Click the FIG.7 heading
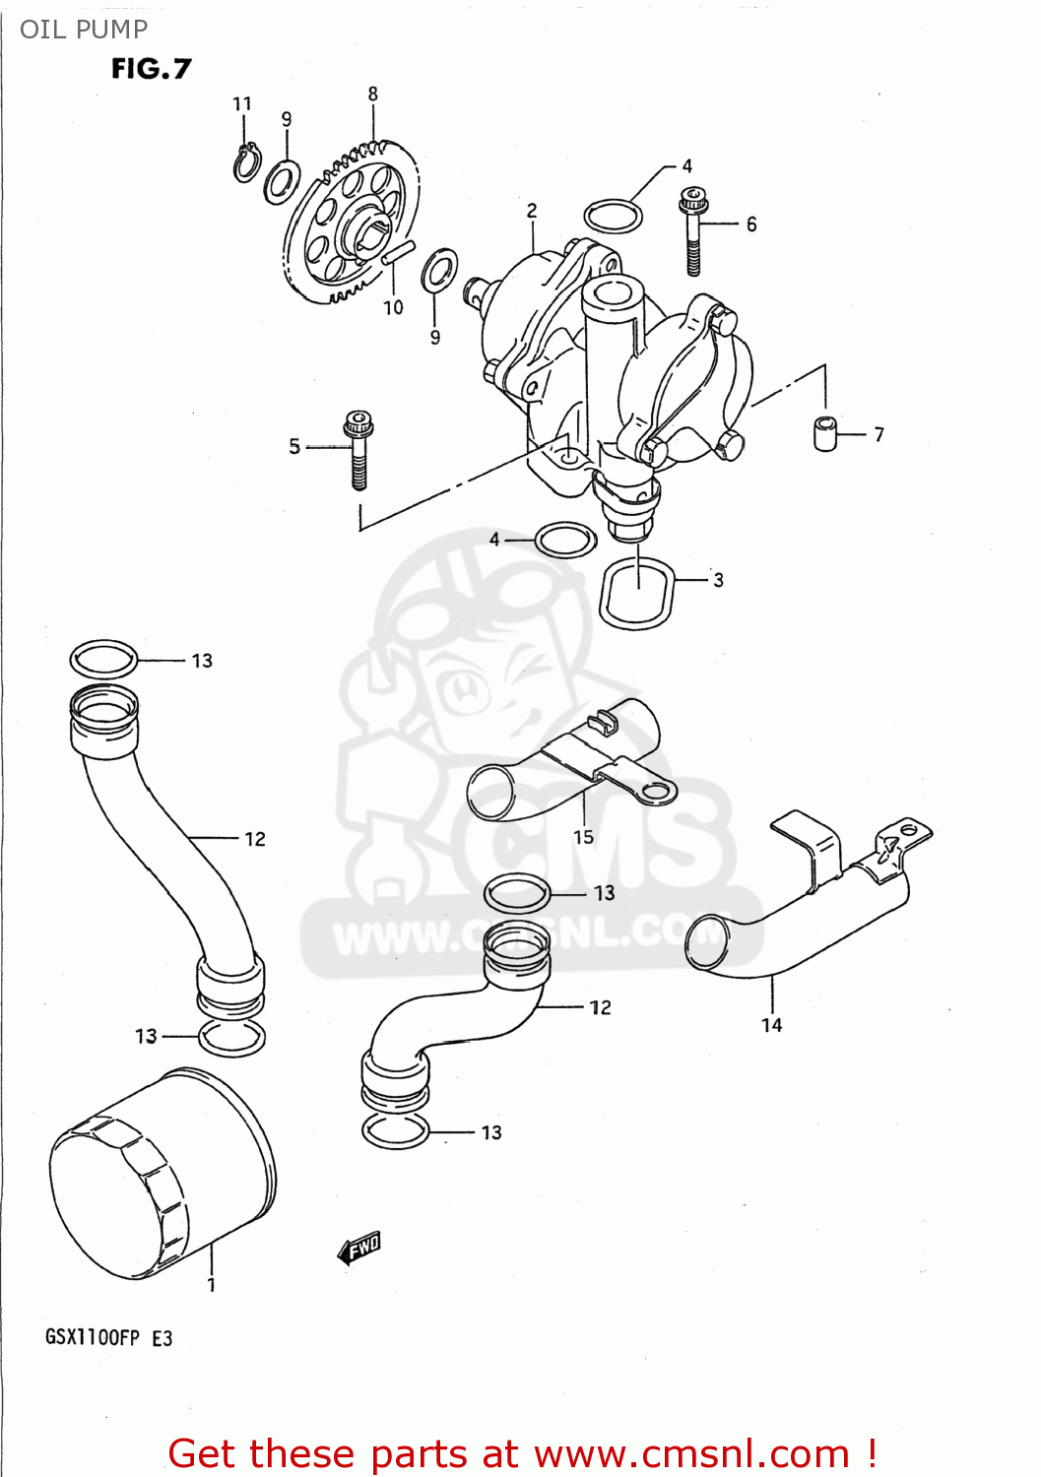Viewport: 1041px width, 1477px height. (151, 69)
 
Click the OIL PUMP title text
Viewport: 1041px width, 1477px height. (84, 30)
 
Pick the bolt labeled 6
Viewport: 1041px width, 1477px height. (692, 231)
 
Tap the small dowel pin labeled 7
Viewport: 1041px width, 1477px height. (825, 433)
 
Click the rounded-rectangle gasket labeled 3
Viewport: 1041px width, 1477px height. (637, 593)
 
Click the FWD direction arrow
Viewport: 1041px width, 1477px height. (359, 1248)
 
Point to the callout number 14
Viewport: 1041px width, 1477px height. (771, 1025)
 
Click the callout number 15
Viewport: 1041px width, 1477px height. (583, 837)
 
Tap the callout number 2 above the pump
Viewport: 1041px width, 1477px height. (532, 210)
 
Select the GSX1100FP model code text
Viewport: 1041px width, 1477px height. (93, 1337)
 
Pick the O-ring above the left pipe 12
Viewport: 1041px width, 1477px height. (103, 659)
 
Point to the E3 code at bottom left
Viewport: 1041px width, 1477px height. (162, 1337)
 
